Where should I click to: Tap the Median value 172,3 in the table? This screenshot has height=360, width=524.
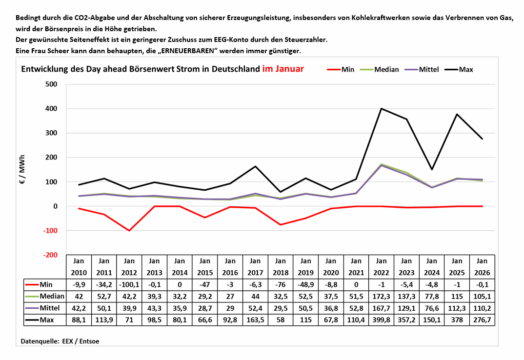point(382,296)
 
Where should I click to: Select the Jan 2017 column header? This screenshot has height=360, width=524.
point(255,267)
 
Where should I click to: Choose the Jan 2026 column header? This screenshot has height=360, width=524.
point(482,267)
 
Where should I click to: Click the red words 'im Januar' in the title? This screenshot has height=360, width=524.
point(283,69)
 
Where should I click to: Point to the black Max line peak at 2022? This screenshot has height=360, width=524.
point(381,109)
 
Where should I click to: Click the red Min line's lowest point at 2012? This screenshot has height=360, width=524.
point(129,230)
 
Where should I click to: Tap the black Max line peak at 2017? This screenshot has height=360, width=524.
point(255,166)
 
